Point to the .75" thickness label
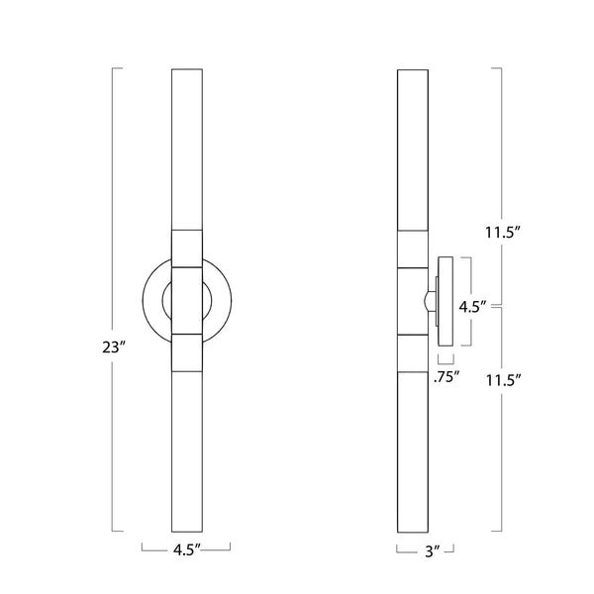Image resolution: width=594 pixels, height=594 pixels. (445, 377)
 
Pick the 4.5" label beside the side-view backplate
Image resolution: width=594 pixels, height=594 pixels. (471, 307)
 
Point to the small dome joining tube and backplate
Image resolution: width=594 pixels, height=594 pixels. (432, 300)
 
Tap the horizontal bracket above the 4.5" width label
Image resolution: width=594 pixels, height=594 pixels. (186, 545)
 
